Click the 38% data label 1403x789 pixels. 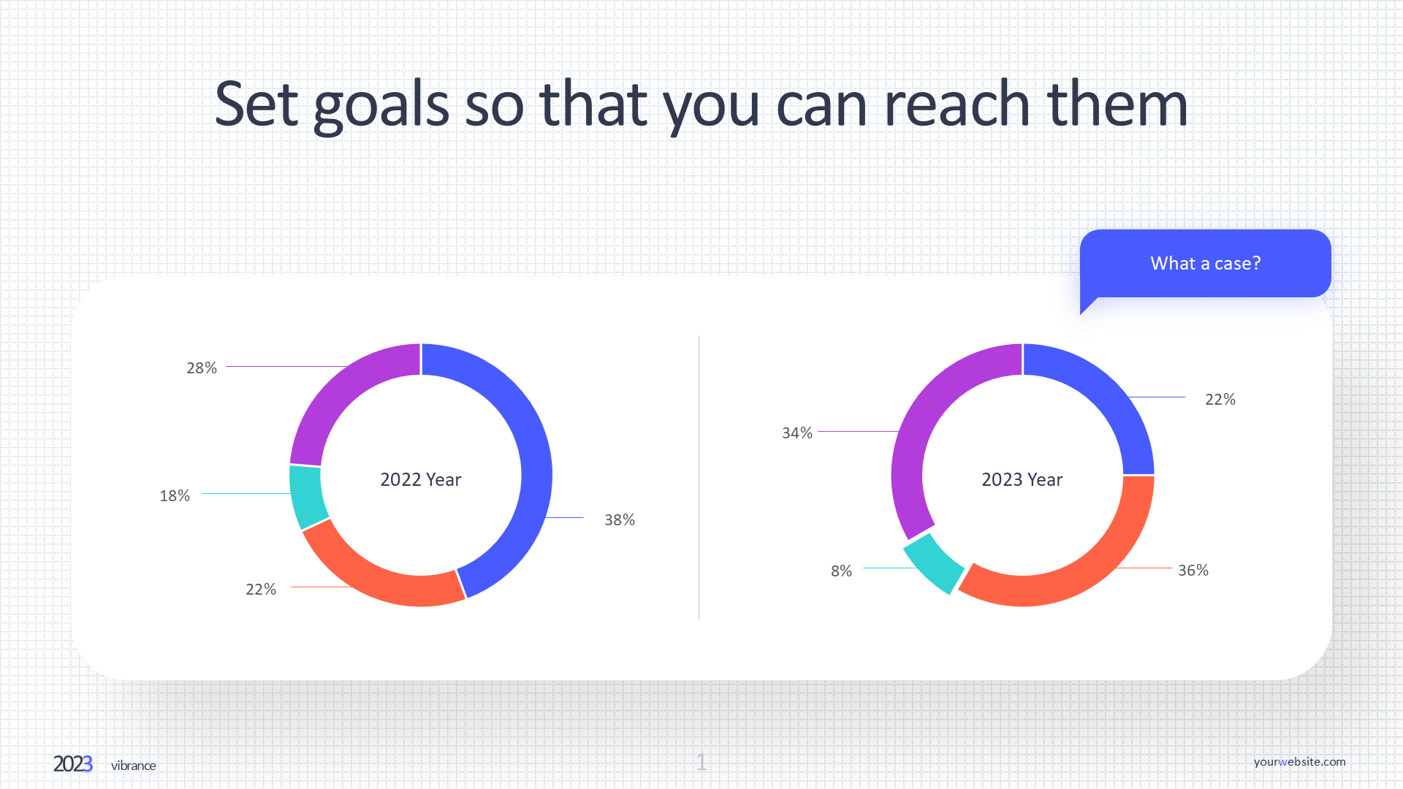pos(619,520)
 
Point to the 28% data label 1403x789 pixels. pos(202,368)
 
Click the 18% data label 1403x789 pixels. pos(175,496)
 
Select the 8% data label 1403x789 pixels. pos(841,571)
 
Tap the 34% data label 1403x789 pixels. pos(796,433)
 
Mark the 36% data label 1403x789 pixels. pos(1193,571)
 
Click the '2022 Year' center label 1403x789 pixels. pos(421,480)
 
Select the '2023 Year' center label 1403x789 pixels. pos(1022,480)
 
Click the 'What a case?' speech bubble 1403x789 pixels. pos(1205,264)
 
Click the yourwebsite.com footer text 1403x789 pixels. pos(1299,762)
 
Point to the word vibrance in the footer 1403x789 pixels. pos(133,766)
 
